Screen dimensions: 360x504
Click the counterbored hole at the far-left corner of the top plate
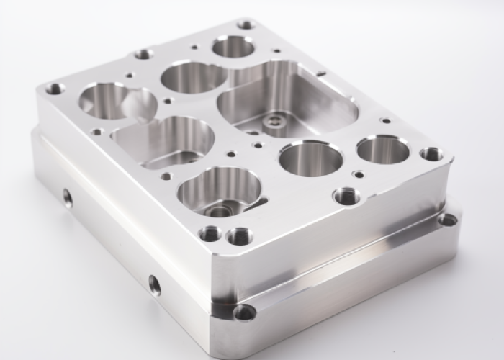(x=55, y=89)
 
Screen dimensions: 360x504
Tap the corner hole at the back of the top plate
(x=246, y=24)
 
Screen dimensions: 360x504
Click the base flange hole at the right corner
(x=448, y=219)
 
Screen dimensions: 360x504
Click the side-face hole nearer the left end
(x=68, y=197)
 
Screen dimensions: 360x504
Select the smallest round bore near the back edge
(x=233, y=48)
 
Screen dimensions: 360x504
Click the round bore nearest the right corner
(x=383, y=149)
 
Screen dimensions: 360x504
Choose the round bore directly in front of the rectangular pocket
(x=310, y=158)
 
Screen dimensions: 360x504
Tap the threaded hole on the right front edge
(x=346, y=196)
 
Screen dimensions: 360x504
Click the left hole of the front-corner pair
(x=210, y=233)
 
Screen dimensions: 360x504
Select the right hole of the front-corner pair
(x=238, y=235)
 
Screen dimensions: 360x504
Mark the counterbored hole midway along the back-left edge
(x=143, y=54)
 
